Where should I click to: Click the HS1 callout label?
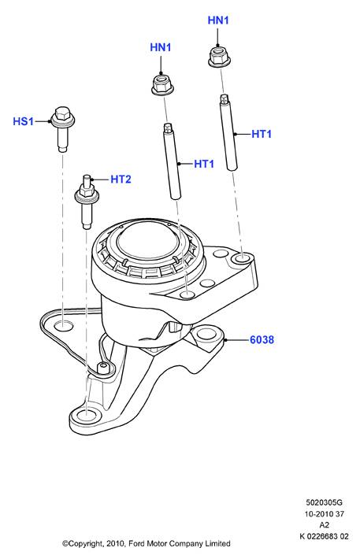(x=23, y=121)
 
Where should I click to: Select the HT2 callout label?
(x=121, y=179)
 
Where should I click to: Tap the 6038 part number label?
(x=262, y=340)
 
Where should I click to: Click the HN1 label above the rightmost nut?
(x=218, y=20)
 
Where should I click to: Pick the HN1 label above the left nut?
(x=161, y=47)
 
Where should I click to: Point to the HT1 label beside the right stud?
(x=262, y=134)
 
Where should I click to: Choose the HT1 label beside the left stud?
(x=204, y=164)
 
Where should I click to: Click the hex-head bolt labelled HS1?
(x=63, y=128)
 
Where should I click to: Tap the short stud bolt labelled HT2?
(x=87, y=202)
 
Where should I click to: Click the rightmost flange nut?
(x=218, y=56)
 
